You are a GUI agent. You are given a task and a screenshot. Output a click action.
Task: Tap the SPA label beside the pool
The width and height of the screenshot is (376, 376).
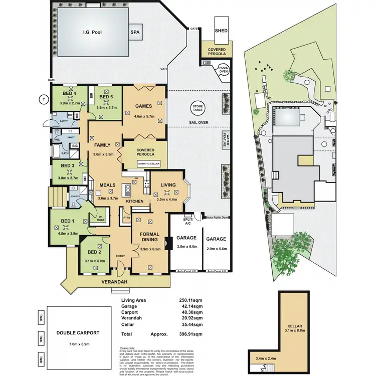135,32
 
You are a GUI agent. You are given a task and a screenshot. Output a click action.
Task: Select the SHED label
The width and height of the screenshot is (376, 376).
221,31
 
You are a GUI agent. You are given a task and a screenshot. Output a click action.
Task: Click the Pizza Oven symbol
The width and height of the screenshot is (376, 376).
221,71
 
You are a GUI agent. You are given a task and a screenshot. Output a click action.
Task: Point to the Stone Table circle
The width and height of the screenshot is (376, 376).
197,109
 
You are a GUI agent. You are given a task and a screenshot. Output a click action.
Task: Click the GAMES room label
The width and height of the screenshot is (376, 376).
143,106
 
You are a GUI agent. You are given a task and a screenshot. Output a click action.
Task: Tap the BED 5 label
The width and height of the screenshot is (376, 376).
106,96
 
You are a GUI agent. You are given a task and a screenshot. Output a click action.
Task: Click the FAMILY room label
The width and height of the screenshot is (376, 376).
102,145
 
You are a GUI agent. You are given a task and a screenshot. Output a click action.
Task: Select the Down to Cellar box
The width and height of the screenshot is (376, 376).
148,163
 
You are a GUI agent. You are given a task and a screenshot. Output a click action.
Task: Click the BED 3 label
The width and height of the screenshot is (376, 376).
68,165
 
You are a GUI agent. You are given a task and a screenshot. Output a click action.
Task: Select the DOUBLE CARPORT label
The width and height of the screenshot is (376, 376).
77,332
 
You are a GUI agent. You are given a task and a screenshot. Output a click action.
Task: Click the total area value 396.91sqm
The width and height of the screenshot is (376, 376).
191,334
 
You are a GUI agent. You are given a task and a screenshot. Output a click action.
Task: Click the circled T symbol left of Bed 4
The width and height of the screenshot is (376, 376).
44,100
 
